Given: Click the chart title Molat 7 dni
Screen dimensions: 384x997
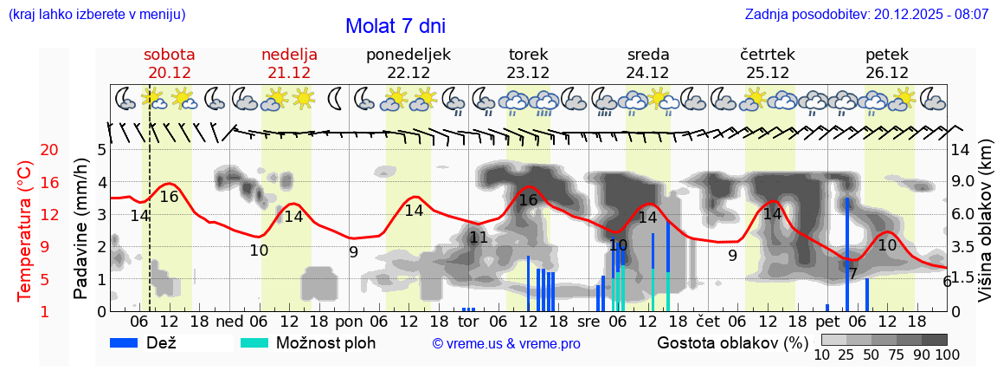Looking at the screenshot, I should point(396,26).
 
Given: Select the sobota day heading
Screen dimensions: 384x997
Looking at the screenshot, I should point(169,54).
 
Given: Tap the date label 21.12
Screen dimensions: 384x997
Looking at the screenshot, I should point(289,73).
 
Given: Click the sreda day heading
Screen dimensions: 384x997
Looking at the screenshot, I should point(647,54).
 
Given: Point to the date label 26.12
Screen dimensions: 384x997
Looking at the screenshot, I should point(886,73).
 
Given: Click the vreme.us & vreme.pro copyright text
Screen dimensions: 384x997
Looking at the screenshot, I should point(506,344).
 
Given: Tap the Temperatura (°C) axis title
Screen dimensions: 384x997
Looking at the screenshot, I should point(25,230).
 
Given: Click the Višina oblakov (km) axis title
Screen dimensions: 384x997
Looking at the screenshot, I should point(985,230).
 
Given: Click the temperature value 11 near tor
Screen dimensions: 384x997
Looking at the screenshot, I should point(479,237).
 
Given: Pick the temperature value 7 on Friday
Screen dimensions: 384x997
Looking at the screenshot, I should point(852,274).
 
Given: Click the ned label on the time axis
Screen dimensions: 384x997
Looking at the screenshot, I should point(228,322).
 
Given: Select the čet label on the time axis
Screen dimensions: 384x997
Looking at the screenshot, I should point(707,322).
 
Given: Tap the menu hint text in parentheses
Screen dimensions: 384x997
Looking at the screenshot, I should point(96,15).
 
